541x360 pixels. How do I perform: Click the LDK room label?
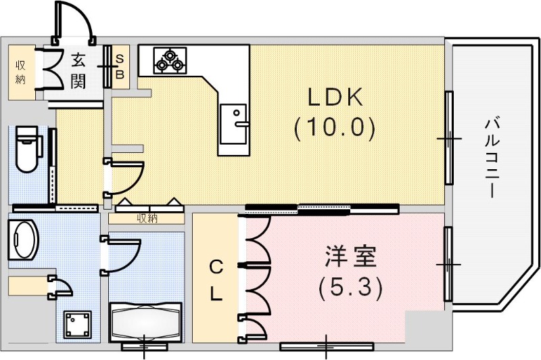(335, 99)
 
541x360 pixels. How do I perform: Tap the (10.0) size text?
(335, 127)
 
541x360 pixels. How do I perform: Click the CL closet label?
(214, 280)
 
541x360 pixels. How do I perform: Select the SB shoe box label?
(119, 66)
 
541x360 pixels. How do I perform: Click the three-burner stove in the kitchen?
(168, 60)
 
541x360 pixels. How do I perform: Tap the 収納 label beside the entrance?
(21, 72)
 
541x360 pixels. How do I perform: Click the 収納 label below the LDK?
(147, 218)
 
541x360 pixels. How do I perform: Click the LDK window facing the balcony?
(448, 138)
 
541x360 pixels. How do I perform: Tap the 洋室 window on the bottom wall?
(327, 347)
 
